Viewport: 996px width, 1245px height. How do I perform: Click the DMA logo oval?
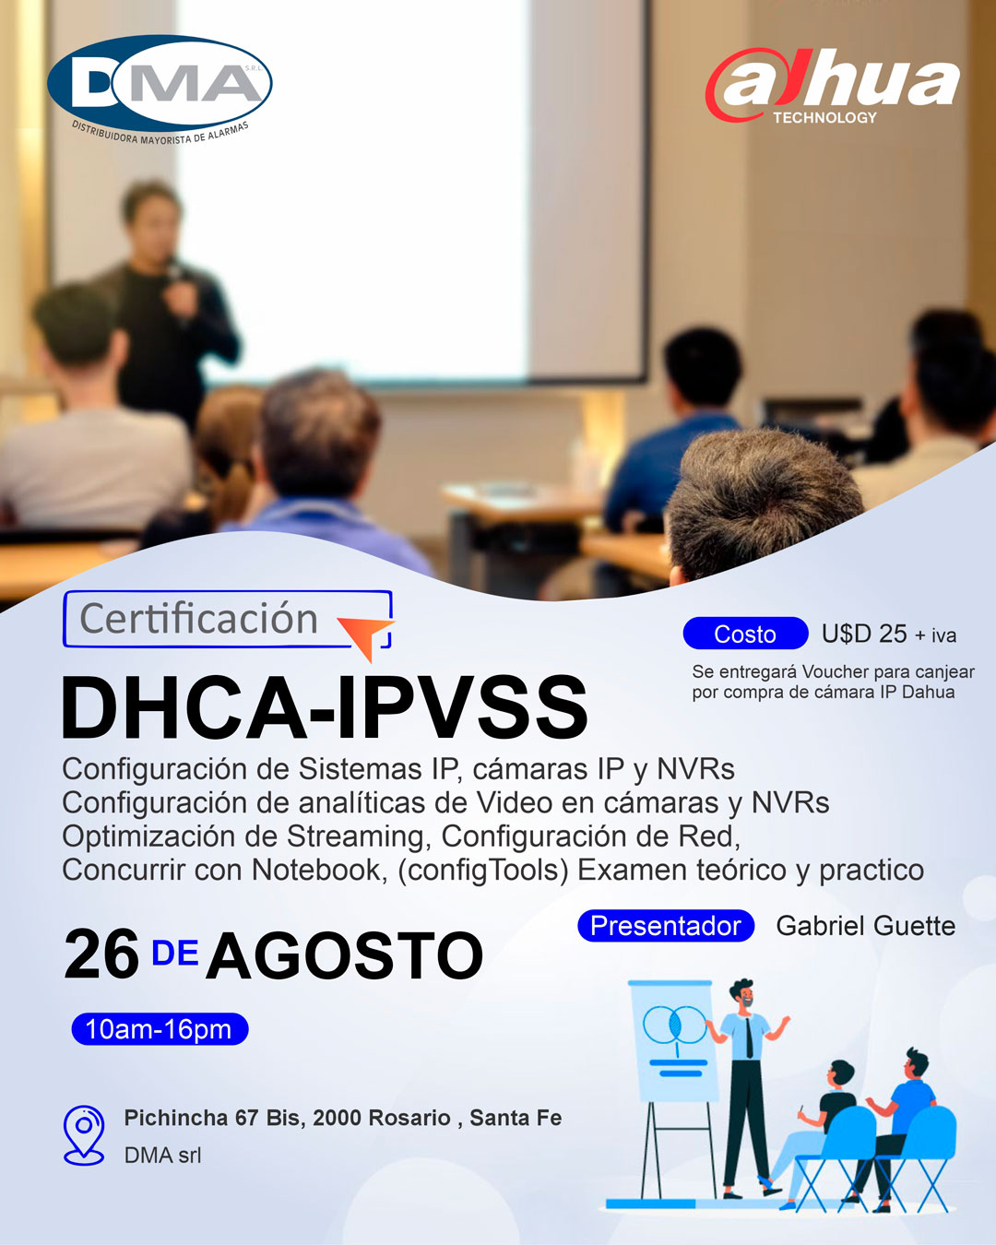(160, 83)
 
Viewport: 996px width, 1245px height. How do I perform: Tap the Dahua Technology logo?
(832, 86)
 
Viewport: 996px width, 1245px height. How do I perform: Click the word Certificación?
(198, 619)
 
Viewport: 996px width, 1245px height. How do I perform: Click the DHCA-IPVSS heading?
(325, 707)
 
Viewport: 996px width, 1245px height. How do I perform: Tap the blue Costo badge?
(745, 634)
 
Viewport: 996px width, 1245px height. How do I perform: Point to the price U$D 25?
(864, 634)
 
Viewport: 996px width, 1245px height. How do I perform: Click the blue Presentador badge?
(666, 926)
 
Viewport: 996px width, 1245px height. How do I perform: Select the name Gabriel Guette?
(865, 926)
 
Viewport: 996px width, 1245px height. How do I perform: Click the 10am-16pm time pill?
(160, 1029)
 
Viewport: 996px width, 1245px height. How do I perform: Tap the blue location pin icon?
(84, 1135)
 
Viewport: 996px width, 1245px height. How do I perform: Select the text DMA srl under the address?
(162, 1156)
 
